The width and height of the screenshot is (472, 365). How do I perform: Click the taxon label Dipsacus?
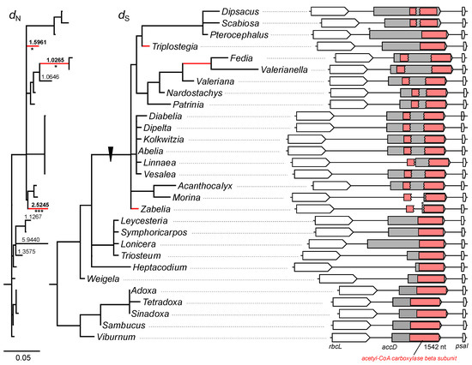(240, 12)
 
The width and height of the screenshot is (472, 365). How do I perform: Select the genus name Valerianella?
(284, 69)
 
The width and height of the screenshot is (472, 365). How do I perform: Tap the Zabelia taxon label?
(155, 209)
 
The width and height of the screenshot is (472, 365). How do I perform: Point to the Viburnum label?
(116, 337)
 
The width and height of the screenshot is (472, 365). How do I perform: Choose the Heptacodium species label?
(160, 267)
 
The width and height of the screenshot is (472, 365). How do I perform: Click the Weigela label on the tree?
(103, 278)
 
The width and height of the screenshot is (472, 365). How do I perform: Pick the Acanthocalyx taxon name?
(205, 186)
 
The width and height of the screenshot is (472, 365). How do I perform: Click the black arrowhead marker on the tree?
(111, 154)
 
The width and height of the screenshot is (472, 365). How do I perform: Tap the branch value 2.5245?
(40, 205)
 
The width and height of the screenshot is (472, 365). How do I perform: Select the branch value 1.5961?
(38, 42)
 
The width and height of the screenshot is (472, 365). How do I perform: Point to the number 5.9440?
(31, 240)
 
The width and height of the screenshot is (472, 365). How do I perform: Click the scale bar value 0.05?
(23, 358)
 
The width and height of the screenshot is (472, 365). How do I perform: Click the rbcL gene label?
(336, 346)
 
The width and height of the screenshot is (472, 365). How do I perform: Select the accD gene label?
(390, 347)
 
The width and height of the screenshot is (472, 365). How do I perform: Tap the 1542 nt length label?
(435, 347)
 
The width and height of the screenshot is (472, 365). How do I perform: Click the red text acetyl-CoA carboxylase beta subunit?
(409, 358)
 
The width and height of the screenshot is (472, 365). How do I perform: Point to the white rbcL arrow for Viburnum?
(351, 337)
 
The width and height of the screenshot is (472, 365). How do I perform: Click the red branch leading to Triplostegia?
(146, 46)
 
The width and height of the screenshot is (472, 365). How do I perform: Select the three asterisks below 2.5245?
(39, 211)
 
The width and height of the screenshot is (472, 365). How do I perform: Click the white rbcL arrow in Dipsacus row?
(330, 12)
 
